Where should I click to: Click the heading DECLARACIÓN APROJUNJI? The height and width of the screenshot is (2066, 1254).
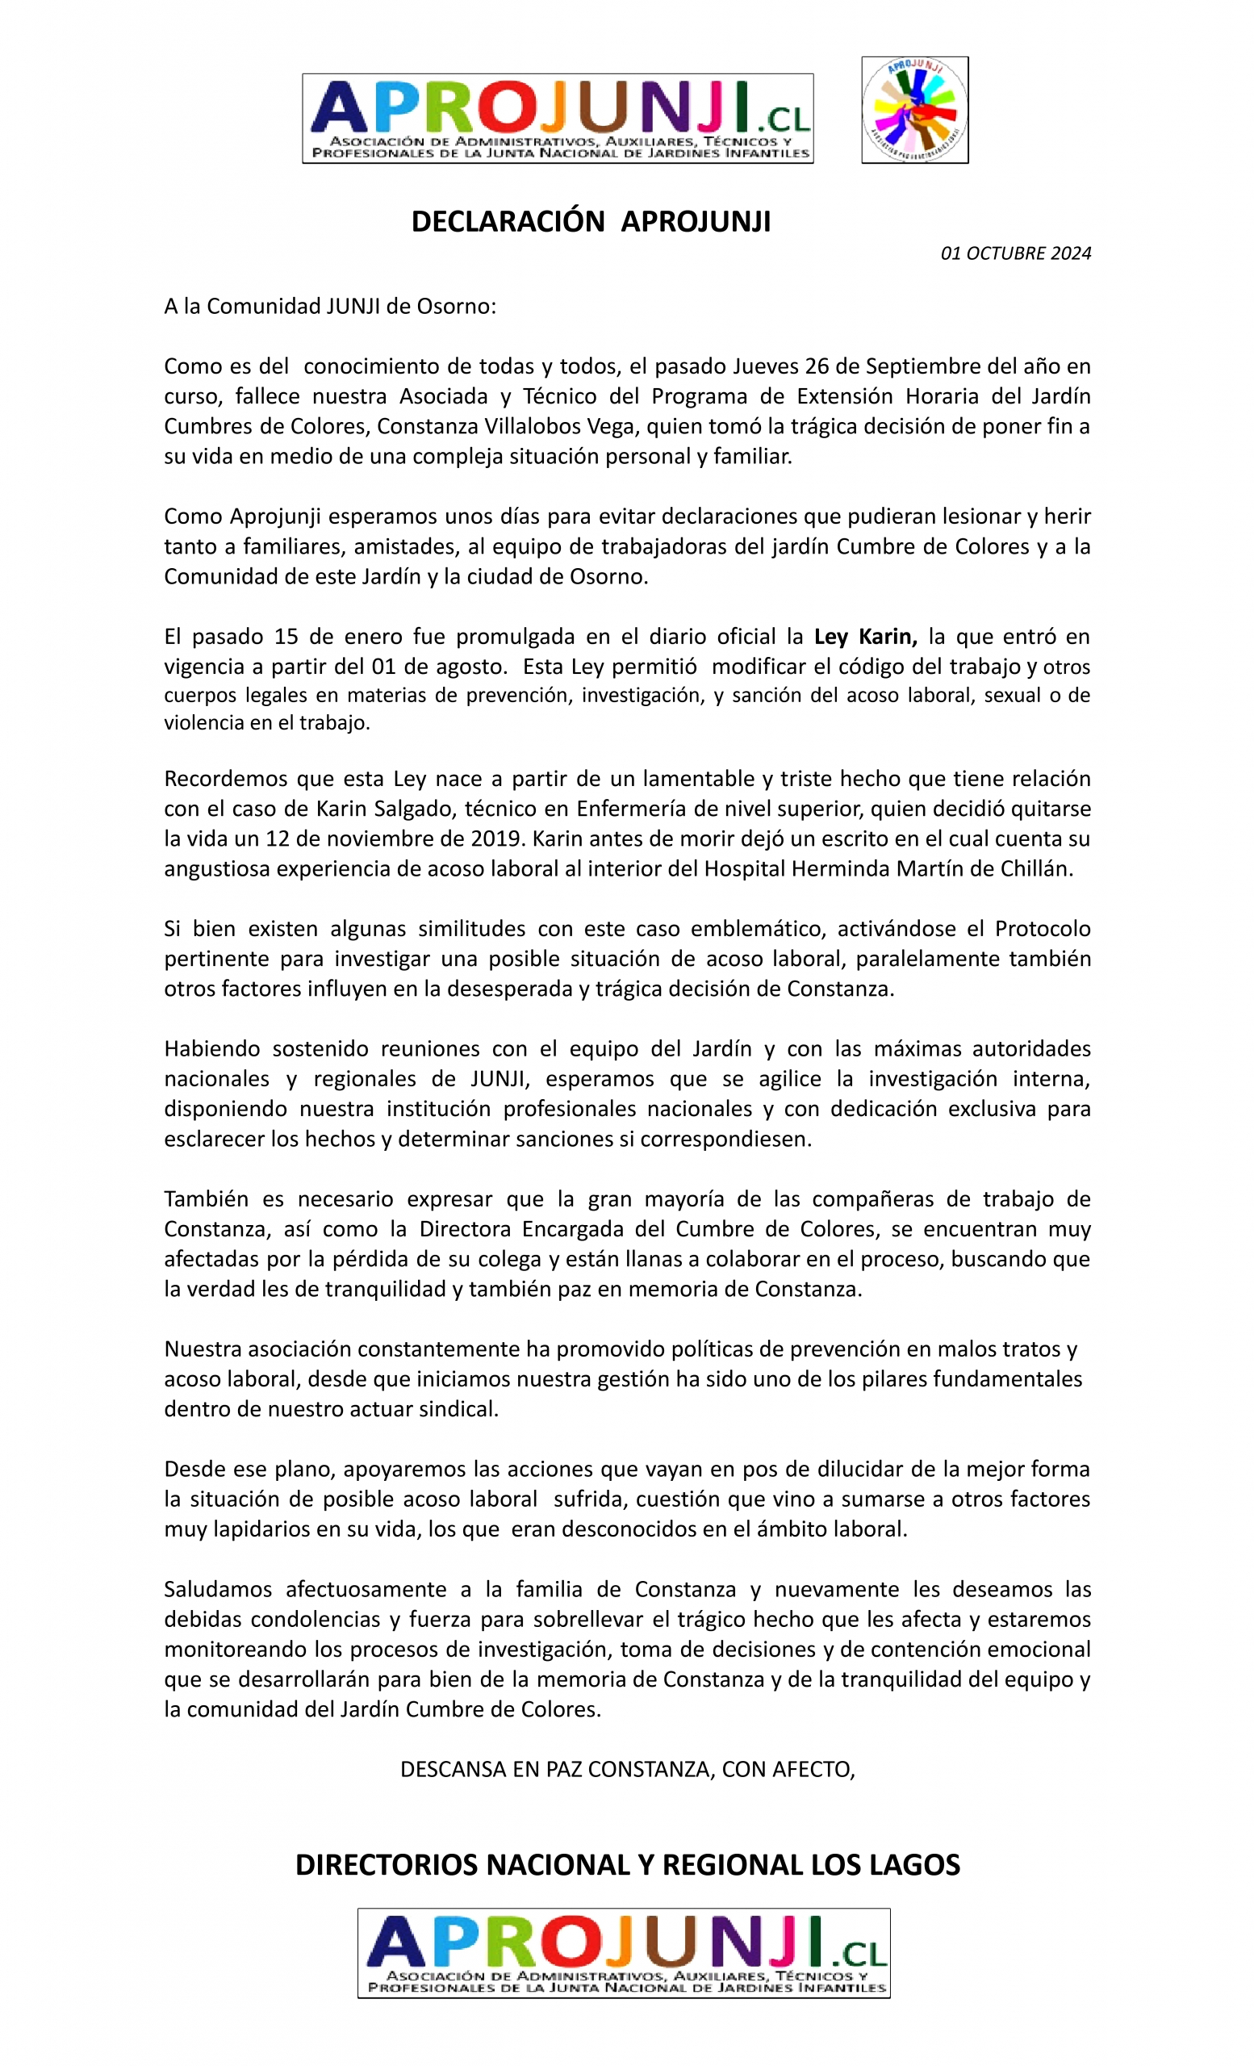click(x=590, y=221)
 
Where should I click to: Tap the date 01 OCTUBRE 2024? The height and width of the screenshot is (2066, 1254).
click(x=1015, y=253)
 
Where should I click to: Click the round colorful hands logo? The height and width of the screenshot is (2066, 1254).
click(x=914, y=110)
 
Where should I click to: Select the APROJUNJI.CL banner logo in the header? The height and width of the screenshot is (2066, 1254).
click(x=558, y=118)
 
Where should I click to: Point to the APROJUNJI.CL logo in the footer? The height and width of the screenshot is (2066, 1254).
click(x=623, y=1953)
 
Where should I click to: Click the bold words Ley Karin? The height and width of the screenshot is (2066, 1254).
click(x=865, y=637)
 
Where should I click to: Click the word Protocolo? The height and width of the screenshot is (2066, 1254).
click(x=1042, y=928)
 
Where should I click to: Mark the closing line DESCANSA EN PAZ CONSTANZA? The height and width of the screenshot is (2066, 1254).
click(x=627, y=1769)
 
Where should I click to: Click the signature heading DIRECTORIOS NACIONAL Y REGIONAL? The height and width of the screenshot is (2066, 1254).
click(x=627, y=1865)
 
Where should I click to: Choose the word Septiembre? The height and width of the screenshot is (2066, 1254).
click(x=926, y=366)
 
